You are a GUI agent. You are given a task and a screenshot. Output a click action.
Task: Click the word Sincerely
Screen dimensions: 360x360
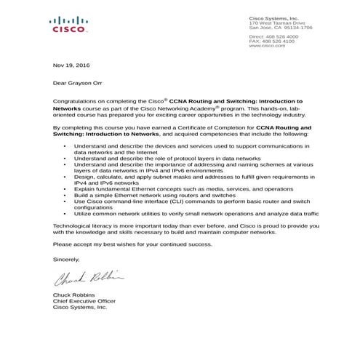pos(66,258)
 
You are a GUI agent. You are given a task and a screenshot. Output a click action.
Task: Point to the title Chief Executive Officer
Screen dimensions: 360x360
pos(84,300)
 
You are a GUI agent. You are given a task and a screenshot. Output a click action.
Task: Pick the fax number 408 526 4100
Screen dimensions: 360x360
pos(279,41)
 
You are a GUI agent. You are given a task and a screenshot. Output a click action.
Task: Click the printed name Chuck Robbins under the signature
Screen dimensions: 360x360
pos(74,294)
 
